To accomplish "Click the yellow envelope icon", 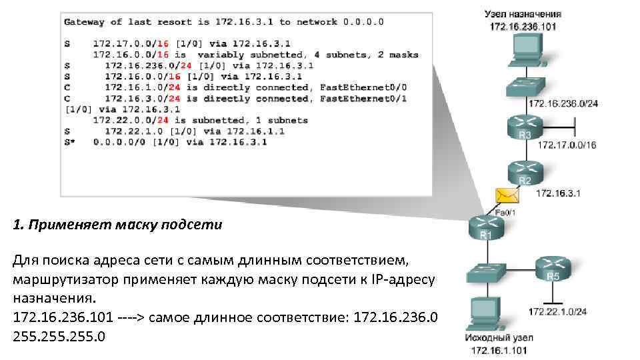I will pyautogui.click(x=507, y=195).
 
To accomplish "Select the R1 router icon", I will pyautogui.click(x=486, y=227).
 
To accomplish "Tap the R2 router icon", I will pyautogui.click(x=525, y=171).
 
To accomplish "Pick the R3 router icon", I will pyautogui.click(x=525, y=126).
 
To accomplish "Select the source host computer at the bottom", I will pyautogui.click(x=485, y=313).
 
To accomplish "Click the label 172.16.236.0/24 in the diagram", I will pyautogui.click(x=563, y=103).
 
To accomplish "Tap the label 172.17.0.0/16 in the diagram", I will pyautogui.click(x=567, y=145).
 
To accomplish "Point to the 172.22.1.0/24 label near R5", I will pyautogui.click(x=557, y=311).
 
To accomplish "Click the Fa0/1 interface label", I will pyautogui.click(x=505, y=212).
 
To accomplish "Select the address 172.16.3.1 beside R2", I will pyautogui.click(x=559, y=193).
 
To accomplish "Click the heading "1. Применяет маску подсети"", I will pyautogui.click(x=117, y=225).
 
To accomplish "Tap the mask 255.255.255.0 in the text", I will pyautogui.click(x=59, y=335).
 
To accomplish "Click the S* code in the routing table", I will pyautogui.click(x=69, y=141).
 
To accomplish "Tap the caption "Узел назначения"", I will pyautogui.click(x=523, y=13).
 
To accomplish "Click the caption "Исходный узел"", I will pyautogui.click(x=498, y=338).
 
